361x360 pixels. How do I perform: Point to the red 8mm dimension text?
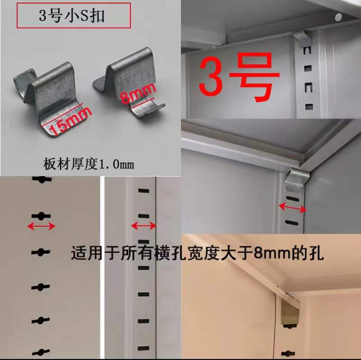pyautogui.click(x=138, y=93)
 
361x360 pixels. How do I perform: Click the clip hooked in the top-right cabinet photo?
pyautogui.click(x=303, y=38)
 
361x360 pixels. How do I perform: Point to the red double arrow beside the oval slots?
pyautogui.click(x=292, y=208)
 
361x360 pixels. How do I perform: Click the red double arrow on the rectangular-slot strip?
pyautogui.click(x=143, y=225)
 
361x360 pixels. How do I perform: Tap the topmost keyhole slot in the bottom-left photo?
pyautogui.click(x=41, y=179)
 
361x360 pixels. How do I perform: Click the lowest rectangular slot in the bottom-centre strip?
pyautogui.click(x=143, y=348)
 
